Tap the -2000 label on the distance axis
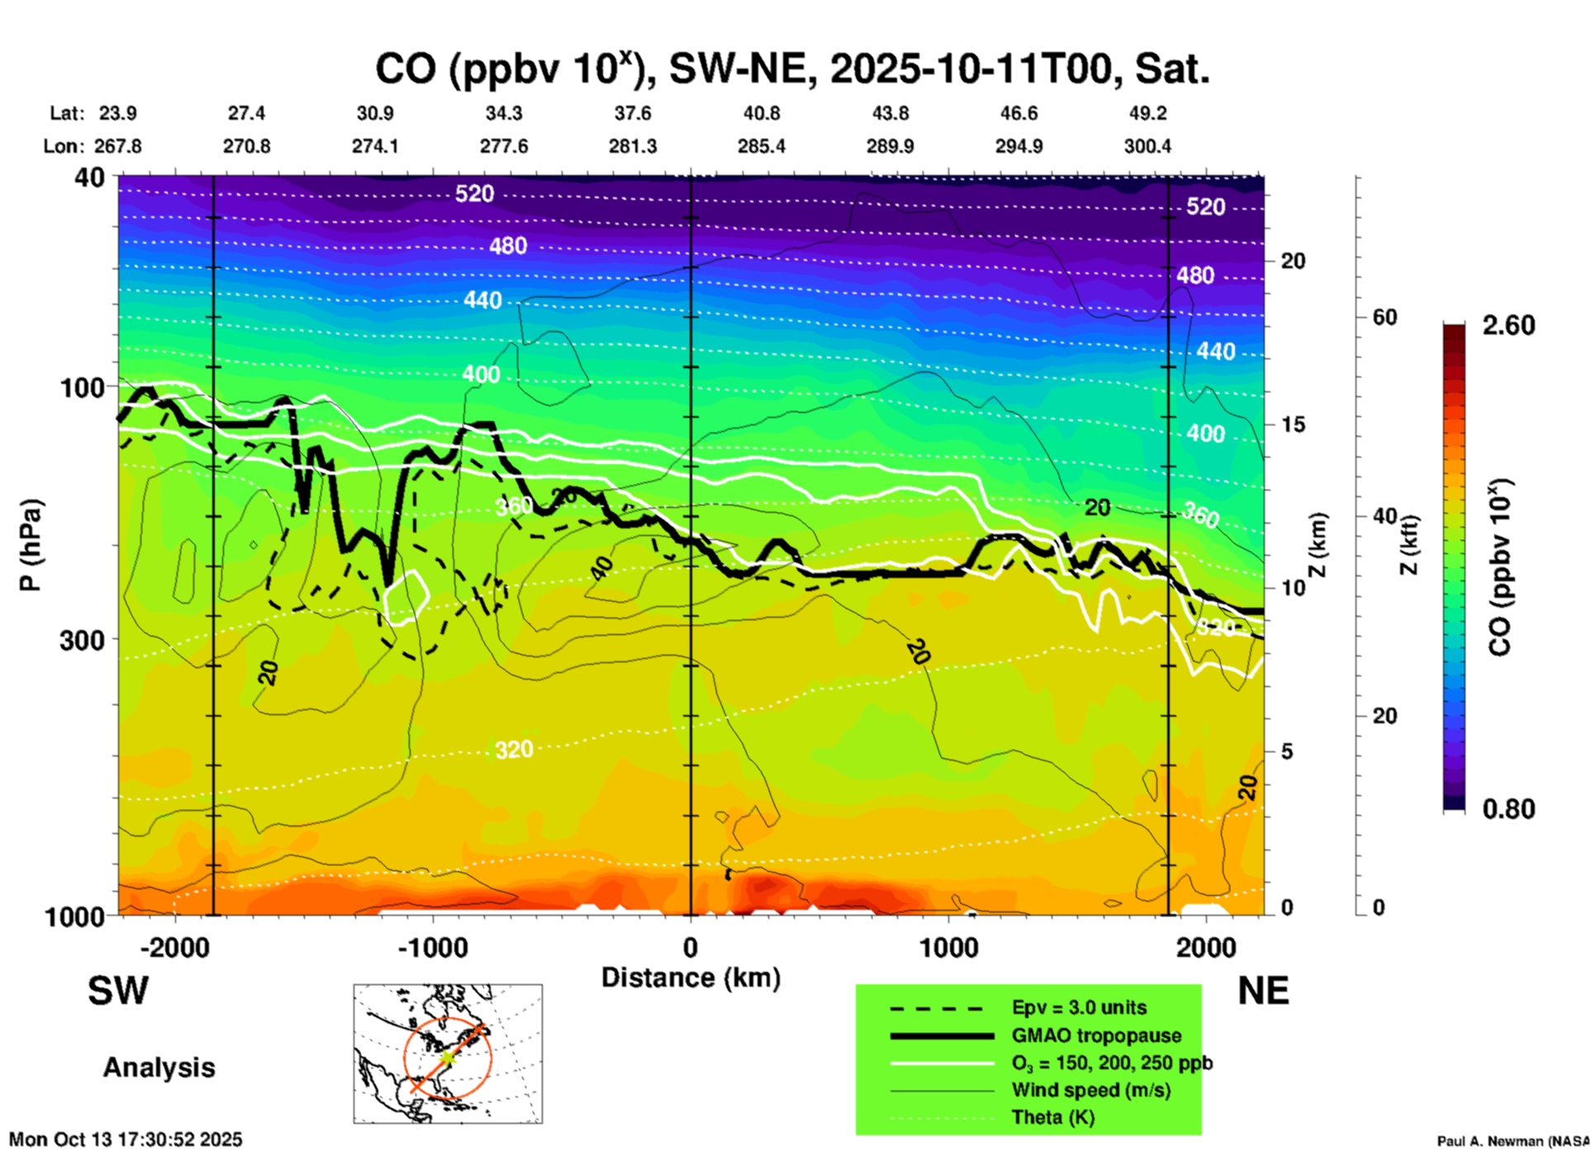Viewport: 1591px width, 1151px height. [174, 947]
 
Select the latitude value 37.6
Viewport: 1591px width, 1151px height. [632, 113]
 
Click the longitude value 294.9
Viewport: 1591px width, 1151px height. [1018, 146]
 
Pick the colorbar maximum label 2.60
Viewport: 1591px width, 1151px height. [1508, 325]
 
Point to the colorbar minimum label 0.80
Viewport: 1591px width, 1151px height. [1508, 809]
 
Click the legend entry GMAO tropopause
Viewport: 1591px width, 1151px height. [1095, 1035]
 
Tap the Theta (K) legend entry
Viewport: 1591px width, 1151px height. [1052, 1117]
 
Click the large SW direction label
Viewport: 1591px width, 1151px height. [118, 991]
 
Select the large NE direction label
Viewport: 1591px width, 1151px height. [1263, 991]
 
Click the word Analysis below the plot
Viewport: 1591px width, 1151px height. [159, 1068]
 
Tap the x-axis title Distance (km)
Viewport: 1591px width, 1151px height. [691, 978]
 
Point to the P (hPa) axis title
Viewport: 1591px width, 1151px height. [31, 545]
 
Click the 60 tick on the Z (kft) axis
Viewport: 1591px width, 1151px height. [1384, 317]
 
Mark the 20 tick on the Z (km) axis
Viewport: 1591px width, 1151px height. [1293, 261]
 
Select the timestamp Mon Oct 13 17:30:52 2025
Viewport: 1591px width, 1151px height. [126, 1139]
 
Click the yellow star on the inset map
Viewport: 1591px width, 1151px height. [447, 1057]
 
